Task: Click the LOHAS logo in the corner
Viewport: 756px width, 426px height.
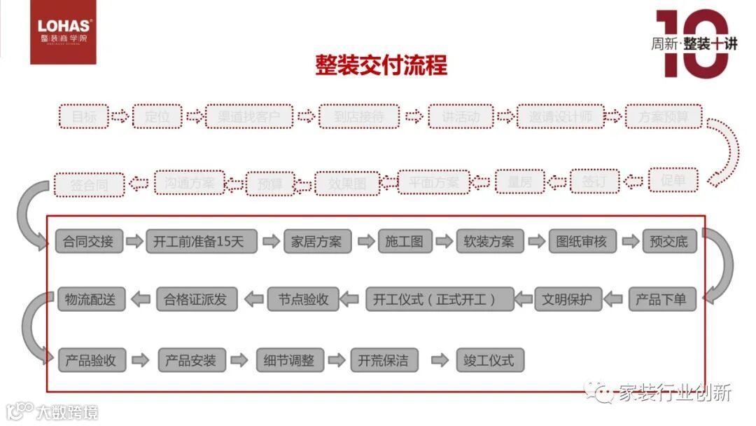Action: coord(63,33)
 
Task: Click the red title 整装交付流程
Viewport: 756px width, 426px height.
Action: coord(381,66)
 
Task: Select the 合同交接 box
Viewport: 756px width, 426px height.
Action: coord(88,242)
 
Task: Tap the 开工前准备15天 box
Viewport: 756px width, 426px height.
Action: coord(201,242)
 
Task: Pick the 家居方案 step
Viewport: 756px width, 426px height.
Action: coord(317,242)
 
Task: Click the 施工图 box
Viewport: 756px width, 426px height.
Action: coord(404,242)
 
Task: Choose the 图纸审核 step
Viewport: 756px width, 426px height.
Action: coord(582,242)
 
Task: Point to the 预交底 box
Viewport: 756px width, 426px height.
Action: coord(668,242)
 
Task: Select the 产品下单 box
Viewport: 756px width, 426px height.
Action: coord(661,299)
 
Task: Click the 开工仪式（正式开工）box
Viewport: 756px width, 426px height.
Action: coord(440,299)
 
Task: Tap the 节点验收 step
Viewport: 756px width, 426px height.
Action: coord(302,299)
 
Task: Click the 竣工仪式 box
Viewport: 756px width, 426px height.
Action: coord(489,360)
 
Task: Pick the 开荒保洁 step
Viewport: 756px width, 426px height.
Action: coord(383,360)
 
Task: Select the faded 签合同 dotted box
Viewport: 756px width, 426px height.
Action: coord(88,185)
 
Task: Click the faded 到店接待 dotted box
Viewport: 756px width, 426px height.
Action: coord(359,116)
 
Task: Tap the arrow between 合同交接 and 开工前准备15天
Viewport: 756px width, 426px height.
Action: coord(134,242)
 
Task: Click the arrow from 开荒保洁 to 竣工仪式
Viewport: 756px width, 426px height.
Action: coord(440,360)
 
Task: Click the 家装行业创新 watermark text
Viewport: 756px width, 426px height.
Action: coord(673,393)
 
